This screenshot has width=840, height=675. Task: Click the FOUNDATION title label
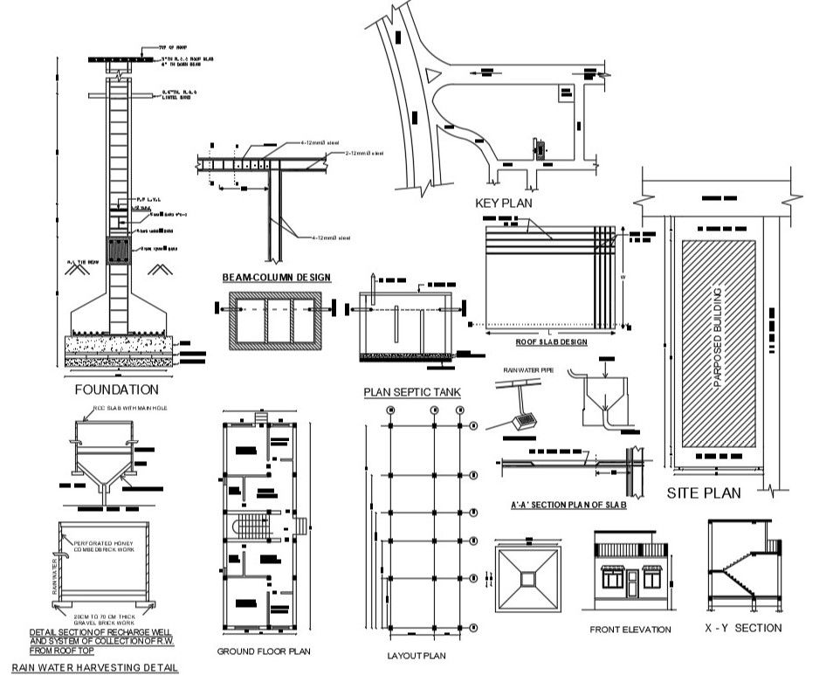117,389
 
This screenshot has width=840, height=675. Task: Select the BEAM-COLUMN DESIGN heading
276,278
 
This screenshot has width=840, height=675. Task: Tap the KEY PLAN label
504,203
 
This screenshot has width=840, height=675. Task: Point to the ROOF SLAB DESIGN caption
552,342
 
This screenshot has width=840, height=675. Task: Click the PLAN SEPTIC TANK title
412,393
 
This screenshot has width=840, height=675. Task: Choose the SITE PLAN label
704,492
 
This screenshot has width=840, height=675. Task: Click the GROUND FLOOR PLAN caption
264,651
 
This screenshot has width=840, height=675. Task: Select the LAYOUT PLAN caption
417,655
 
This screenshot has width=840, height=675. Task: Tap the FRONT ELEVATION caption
630,630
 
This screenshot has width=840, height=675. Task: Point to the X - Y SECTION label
743,628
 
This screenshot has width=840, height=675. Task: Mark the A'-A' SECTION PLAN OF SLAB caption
568,505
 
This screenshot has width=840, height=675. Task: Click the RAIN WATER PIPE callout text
527,370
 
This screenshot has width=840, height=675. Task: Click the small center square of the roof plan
528,578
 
